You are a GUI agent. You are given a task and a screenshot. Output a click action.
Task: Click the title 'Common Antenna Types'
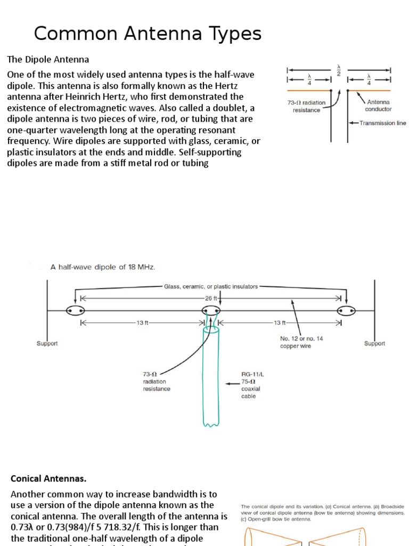click(x=148, y=34)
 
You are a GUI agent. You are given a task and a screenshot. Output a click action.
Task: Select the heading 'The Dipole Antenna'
click(x=47, y=59)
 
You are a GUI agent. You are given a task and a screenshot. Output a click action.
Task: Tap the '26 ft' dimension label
click(x=211, y=299)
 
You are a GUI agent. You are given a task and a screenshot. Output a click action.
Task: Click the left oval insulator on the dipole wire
click(x=76, y=311)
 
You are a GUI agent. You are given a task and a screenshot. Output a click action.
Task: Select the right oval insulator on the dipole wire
click(x=347, y=311)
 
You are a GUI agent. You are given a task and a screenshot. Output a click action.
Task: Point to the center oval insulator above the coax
click(x=211, y=311)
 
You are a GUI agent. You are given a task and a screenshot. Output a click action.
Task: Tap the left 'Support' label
click(x=47, y=343)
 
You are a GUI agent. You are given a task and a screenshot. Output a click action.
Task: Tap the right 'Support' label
click(x=374, y=343)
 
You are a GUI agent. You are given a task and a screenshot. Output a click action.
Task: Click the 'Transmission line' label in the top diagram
click(x=382, y=123)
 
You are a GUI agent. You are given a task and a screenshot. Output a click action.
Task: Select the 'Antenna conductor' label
click(x=379, y=106)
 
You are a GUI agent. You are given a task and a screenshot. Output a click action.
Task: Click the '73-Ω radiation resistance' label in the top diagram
click(x=306, y=106)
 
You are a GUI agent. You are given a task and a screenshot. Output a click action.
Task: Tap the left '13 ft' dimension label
click(x=142, y=323)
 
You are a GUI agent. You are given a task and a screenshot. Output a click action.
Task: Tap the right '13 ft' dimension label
click(x=280, y=323)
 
